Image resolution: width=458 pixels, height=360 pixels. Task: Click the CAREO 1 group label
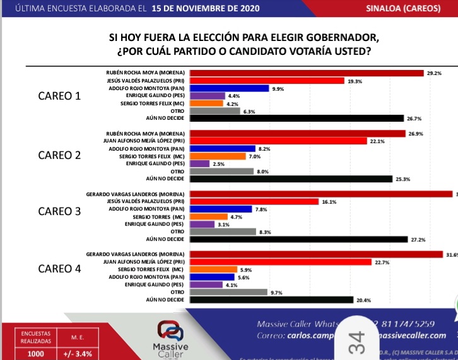coord(60,96)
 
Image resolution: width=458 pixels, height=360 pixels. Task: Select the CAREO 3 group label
coord(60,211)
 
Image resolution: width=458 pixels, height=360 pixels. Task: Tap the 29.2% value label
coord(434,73)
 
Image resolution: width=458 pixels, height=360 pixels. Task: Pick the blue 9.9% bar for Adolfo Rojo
coord(229,88)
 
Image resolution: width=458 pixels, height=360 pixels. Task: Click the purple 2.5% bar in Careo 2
coord(199,163)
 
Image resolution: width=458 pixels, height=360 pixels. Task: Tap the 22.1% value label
coord(377,141)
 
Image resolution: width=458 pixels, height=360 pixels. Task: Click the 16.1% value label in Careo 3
coord(329,202)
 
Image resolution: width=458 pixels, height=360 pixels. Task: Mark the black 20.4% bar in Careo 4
coord(271,300)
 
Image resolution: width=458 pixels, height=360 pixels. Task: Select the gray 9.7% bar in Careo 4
coord(228,292)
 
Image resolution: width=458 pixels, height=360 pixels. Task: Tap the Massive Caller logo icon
coord(170,330)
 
